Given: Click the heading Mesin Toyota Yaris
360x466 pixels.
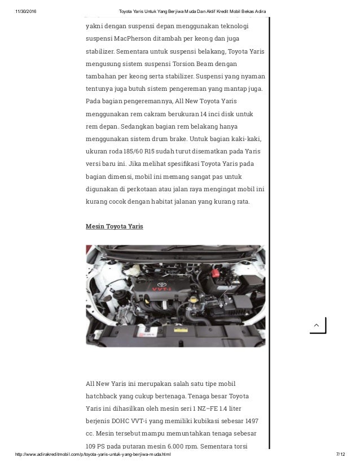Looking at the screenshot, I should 114,226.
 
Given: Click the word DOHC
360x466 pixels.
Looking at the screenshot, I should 127,420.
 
